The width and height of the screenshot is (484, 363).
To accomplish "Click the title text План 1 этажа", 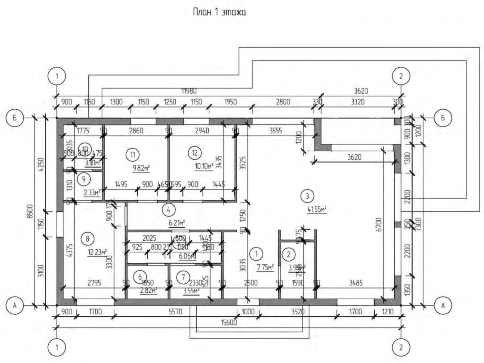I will pos(219,12).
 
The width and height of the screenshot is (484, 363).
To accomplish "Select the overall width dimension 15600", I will pos(229,322).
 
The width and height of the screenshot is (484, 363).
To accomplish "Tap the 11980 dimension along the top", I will pos(189,91).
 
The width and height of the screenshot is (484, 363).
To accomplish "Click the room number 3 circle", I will pos(307,196).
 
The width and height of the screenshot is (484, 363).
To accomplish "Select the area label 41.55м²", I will pos(317,209).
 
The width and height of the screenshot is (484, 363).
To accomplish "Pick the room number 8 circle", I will pos(87,239).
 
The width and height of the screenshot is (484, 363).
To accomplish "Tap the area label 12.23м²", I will pos(97,252).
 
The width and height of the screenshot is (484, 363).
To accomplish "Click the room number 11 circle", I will pos(132,155).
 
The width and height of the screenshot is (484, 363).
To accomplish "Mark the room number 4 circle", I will pos(169,209).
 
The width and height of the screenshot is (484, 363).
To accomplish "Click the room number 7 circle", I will pos(183,277).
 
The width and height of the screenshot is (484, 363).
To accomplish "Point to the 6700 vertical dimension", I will pos(379,224).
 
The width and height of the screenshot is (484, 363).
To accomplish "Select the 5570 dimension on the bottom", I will pos(176,312).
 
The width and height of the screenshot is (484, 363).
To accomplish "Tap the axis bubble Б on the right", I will pos(443,118).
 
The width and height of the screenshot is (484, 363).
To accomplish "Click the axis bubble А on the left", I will pos(14,305).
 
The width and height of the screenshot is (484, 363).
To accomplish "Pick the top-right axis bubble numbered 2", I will pos(401,76).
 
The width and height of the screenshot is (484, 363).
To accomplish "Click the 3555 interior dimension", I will pos(275,131).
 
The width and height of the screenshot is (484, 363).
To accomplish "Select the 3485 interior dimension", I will pos(356,283).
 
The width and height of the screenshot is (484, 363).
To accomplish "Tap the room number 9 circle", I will pos(83,179).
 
